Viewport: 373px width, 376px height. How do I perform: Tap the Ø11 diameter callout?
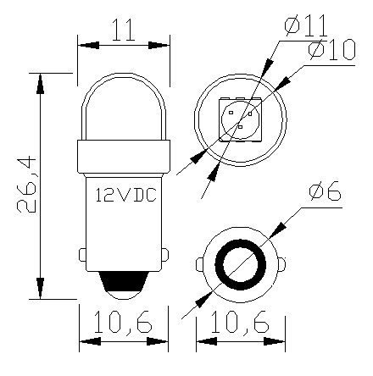pyautogui.click(x=301, y=25)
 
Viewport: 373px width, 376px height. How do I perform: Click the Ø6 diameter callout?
pyautogui.click(x=326, y=194)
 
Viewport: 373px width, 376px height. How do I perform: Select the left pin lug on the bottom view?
pyautogui.click(x=200, y=264)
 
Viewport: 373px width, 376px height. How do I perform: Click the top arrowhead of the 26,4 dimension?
pyautogui.click(x=41, y=78)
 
